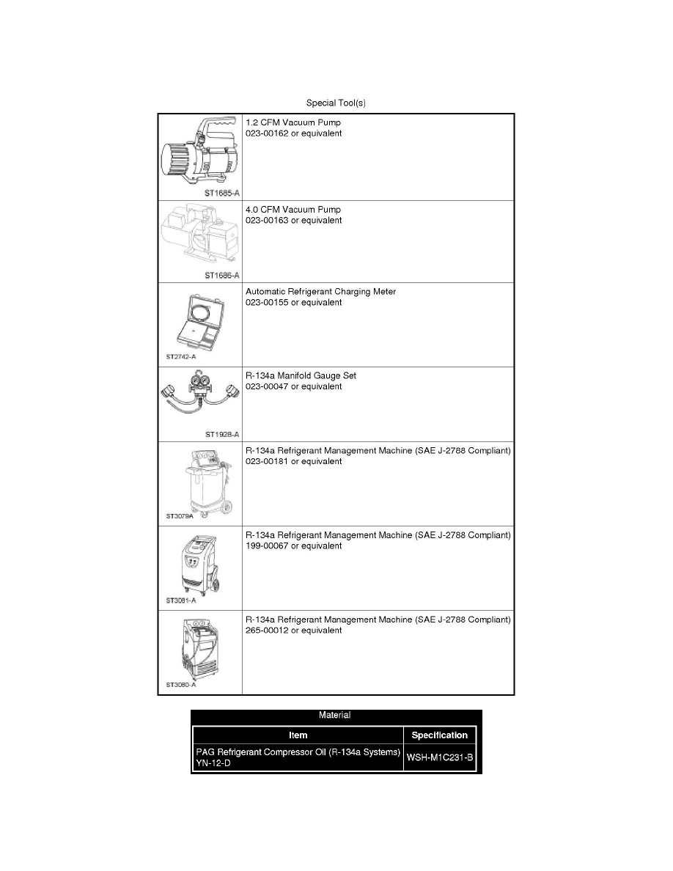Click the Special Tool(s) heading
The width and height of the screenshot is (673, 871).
pyautogui.click(x=336, y=103)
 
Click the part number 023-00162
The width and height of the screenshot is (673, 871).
pyautogui.click(x=267, y=134)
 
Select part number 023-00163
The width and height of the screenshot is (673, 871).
pyautogui.click(x=267, y=220)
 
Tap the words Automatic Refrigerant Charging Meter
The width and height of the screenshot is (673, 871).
pyautogui.click(x=320, y=292)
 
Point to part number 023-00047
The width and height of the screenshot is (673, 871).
pyautogui.click(x=267, y=386)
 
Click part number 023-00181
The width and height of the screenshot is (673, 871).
pyautogui.click(x=267, y=462)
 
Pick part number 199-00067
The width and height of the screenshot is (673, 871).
pyautogui.click(x=267, y=546)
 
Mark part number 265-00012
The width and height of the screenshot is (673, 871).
pyautogui.click(x=267, y=631)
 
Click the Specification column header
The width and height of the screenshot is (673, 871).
pyautogui.click(x=440, y=735)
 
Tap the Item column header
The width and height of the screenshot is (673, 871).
pyautogui.click(x=298, y=735)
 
